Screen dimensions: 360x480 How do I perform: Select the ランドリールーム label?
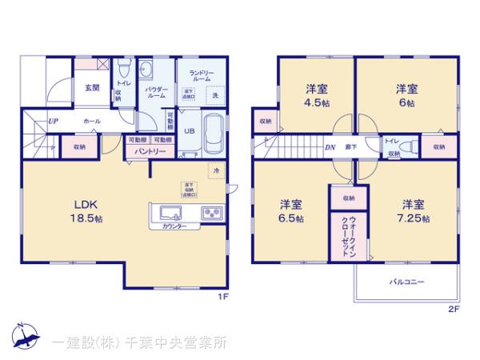click(x=200, y=77)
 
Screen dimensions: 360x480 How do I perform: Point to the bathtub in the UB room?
click(x=214, y=134)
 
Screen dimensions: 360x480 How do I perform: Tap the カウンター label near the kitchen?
click(x=174, y=226)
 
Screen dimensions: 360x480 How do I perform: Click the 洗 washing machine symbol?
click(x=215, y=95)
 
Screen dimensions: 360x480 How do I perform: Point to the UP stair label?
click(x=53, y=121)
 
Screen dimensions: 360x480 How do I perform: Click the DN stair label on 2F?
click(x=329, y=147)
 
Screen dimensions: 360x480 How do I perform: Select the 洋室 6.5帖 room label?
click(x=290, y=210)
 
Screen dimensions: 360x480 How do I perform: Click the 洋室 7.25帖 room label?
click(x=414, y=210)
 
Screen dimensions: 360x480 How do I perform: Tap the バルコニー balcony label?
click(x=406, y=282)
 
